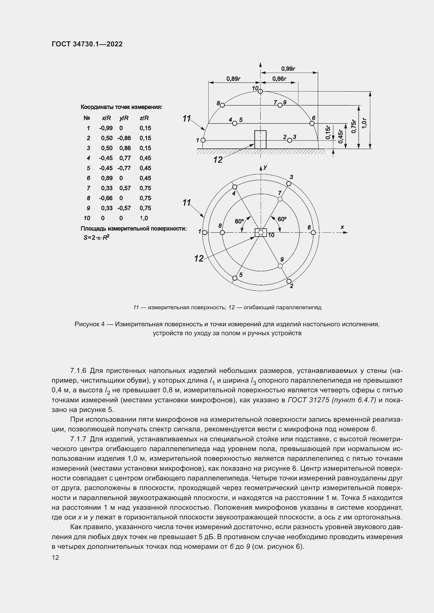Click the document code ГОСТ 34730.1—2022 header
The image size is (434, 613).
point(87,44)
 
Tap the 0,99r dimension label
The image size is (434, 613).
point(288,69)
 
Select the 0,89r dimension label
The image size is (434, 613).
point(234,79)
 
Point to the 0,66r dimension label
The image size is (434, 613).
point(279,79)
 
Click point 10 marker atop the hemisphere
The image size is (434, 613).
point(260,91)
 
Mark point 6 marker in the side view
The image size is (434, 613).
point(312,123)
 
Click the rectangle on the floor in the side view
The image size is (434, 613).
point(260,139)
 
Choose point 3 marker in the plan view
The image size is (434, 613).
point(289,184)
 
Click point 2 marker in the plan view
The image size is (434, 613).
point(289,281)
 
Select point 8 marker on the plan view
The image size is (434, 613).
point(222,232)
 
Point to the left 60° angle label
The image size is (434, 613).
point(239,221)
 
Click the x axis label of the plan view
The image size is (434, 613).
point(342,227)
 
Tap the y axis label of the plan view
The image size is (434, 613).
point(265,167)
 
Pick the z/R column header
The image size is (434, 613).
point(144,118)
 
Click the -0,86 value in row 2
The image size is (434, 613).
point(124,138)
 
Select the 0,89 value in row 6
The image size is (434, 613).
point(107,178)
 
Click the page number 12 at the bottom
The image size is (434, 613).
point(55,557)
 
